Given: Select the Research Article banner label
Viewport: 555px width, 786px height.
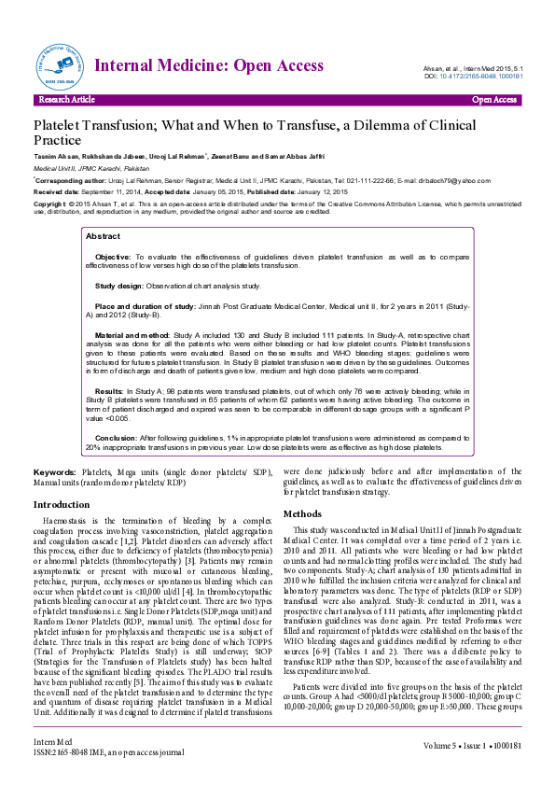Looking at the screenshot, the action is pos(66,99).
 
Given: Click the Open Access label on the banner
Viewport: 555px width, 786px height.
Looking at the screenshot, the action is pos(494,99).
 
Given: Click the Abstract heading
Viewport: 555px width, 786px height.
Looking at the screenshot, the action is pos(103,237).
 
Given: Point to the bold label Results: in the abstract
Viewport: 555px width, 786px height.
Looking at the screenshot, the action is pos(109,391).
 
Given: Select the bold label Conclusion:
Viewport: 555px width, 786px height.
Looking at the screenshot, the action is pos(117,437).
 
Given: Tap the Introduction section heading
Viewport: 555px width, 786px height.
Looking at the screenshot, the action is pos(62,505).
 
